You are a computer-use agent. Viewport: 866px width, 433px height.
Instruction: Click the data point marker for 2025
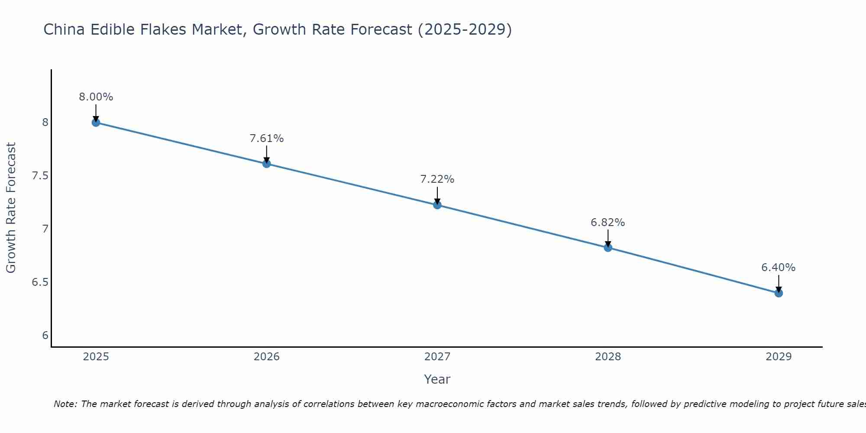(x=96, y=123)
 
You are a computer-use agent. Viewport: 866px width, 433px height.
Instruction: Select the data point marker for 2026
(x=266, y=164)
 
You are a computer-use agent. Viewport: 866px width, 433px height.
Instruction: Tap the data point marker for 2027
(x=437, y=205)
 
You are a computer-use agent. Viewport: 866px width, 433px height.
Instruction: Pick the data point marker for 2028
(x=607, y=248)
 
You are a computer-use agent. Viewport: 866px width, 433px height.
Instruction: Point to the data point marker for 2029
(x=778, y=293)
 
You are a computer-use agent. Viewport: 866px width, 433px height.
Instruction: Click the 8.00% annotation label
(x=96, y=97)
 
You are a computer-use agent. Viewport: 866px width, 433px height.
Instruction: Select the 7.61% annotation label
(x=266, y=139)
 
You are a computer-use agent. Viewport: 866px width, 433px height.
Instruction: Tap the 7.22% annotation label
(x=437, y=179)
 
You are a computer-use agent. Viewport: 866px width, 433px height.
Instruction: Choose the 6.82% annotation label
(x=607, y=223)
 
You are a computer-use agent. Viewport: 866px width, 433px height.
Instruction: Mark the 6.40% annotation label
(x=778, y=268)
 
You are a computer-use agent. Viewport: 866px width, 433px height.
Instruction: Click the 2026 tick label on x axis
(x=266, y=357)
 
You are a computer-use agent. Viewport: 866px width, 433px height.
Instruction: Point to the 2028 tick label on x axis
(x=607, y=357)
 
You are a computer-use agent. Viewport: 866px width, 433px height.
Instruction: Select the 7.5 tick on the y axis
(x=40, y=176)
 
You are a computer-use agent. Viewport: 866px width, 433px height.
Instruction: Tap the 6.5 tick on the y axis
(x=40, y=282)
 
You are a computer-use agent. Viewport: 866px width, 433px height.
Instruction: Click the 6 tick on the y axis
(x=45, y=336)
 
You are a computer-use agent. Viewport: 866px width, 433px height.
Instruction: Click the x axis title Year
(x=437, y=379)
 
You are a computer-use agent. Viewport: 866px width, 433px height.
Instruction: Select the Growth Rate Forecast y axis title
(x=11, y=208)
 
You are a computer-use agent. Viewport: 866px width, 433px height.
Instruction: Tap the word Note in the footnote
(x=65, y=404)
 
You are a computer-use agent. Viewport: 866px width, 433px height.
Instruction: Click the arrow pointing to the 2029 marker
(x=778, y=284)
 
